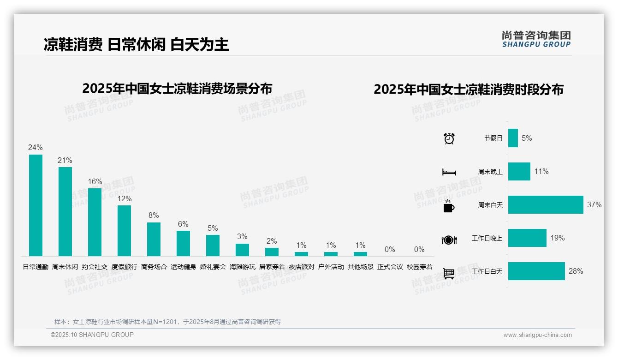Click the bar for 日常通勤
(x=36, y=205)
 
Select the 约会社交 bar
(x=95, y=222)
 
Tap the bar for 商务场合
(x=154, y=239)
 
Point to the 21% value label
(x=65, y=161)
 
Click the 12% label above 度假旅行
(x=124, y=199)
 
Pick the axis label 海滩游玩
(x=243, y=267)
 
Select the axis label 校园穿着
(x=420, y=267)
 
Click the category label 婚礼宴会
(x=213, y=267)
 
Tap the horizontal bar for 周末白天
(x=546, y=204)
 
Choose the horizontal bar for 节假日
(x=513, y=138)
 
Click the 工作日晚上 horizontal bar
(x=527, y=238)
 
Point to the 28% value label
(x=576, y=271)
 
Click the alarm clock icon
(x=449, y=138)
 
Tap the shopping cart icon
(x=449, y=273)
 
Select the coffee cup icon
(x=449, y=206)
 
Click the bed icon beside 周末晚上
(x=449, y=172)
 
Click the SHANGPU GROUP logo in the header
(x=536, y=39)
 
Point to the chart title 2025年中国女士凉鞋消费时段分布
(x=469, y=90)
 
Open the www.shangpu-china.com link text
(x=537, y=335)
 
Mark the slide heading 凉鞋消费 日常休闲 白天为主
(x=136, y=44)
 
